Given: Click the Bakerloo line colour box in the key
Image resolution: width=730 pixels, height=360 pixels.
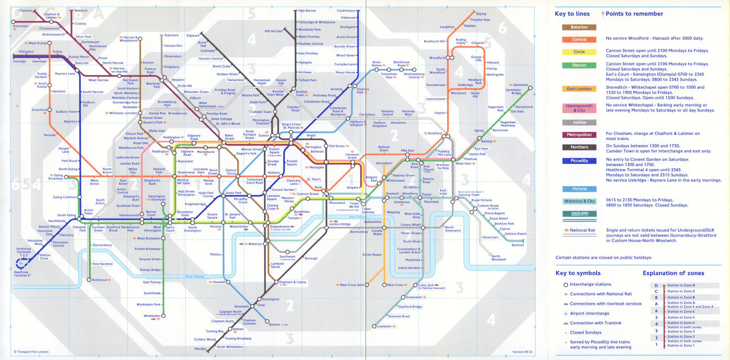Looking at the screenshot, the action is coord(579,27).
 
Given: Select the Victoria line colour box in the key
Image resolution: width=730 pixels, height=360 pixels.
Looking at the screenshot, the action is coord(579,189).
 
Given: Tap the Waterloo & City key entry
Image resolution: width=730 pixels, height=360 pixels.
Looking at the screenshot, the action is coord(579,201).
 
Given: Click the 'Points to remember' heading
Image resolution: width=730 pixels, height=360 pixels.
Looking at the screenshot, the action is coord(634,14).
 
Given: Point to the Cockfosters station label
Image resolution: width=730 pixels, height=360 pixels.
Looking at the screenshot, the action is coord(346,10).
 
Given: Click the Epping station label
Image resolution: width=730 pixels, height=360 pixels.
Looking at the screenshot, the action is coord(481,14).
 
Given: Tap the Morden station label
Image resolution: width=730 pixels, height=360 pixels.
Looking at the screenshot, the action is coord(200,349).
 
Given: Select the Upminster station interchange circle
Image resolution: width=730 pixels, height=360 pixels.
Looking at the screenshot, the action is coord(530,88).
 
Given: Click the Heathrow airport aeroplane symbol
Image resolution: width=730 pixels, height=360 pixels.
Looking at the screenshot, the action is coord(20,263).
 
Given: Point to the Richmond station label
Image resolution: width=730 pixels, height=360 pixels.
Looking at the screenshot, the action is coord(99,280).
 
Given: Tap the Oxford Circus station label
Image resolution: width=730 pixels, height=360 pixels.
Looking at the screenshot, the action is coord(231,172).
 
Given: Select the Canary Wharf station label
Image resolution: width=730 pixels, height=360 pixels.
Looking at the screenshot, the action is coord(411,224).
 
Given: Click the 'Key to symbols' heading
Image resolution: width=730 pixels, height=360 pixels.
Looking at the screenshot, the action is coord(578,273).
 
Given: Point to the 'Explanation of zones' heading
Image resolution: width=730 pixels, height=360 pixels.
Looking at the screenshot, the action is coord(673,273).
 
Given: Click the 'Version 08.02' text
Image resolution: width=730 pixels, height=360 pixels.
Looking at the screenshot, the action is coord(522,352).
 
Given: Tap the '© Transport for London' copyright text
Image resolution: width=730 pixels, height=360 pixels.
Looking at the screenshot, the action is coord(31,352).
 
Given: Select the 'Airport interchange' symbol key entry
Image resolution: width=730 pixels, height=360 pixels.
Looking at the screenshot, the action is coord(589,313).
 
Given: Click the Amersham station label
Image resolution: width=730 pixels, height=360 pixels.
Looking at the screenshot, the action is coord(21,26).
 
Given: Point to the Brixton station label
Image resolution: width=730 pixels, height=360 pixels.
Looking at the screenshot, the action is coord(275,324).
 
